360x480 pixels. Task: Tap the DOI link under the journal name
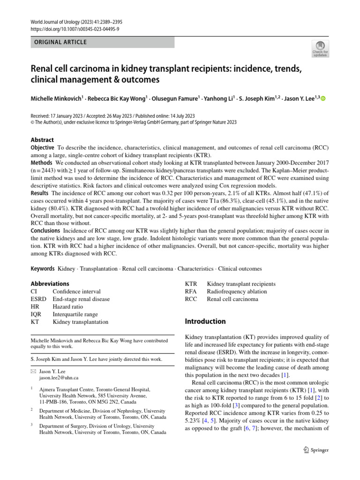point(75,29)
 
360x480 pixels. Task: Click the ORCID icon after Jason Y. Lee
point(323,99)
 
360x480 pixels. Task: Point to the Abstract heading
point(42,140)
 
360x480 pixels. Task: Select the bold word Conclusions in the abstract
point(45,231)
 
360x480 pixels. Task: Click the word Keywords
point(43,269)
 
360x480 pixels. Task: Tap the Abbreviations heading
point(50,284)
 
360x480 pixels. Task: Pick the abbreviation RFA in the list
point(192,292)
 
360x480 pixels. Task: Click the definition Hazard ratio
point(70,307)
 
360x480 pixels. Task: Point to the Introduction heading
point(205,322)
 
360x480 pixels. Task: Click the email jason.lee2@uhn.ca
point(59,377)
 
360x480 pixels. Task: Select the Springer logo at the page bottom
point(315,450)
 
